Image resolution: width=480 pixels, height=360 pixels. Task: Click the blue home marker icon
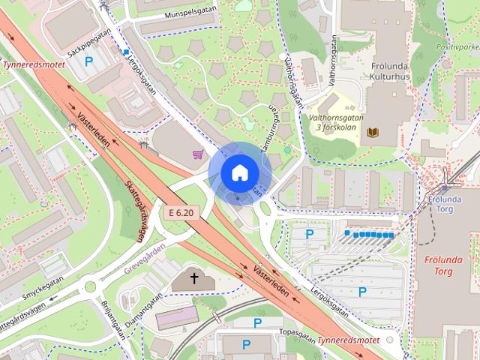[238, 172]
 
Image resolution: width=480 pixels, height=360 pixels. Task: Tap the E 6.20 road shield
[181, 213]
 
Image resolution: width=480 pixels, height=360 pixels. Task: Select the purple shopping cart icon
[198, 154]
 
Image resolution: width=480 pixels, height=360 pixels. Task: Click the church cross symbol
[194, 279]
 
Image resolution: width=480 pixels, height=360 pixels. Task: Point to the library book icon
[373, 133]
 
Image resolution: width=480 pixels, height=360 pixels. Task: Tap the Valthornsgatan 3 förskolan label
[334, 121]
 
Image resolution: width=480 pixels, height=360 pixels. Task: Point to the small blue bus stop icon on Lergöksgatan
[127, 52]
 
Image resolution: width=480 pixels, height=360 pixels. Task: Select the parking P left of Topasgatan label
[257, 323]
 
